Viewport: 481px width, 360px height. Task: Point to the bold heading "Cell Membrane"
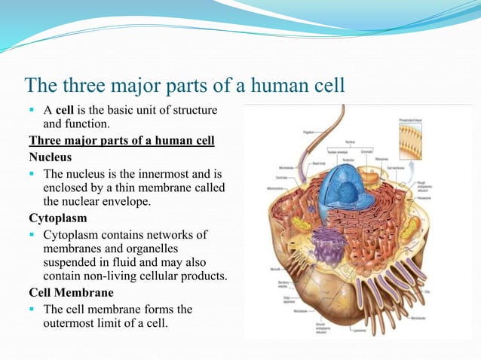[71, 292]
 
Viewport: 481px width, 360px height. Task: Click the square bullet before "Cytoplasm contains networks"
[33, 234]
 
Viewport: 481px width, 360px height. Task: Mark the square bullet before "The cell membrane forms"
[33, 309]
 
